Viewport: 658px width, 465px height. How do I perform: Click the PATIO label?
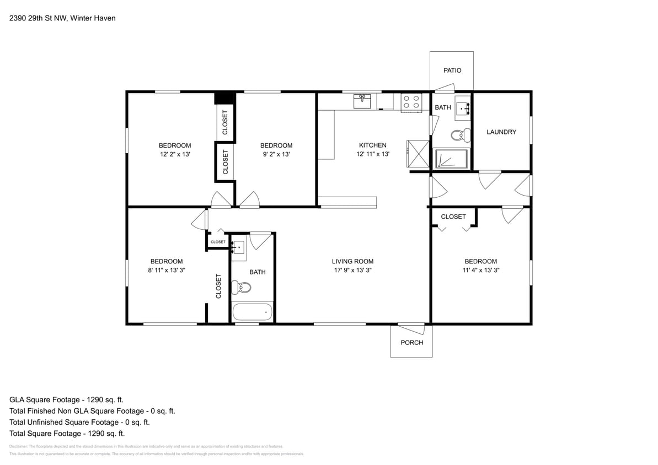452,71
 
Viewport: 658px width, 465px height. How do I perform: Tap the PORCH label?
412,343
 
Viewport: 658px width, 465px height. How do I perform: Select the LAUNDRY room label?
501,132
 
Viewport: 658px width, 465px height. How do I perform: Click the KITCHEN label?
373,145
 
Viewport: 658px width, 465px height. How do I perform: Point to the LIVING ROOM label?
352,262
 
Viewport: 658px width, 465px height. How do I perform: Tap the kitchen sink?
362,100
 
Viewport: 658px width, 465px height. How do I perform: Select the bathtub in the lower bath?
253,311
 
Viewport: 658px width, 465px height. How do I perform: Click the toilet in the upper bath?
460,134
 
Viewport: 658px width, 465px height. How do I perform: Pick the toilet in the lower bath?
242,287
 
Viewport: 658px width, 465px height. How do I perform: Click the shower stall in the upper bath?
452,159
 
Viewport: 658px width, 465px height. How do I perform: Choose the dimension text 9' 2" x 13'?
276,155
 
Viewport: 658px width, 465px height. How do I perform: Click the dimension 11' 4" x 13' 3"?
480,271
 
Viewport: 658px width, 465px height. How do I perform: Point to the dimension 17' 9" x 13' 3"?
352,271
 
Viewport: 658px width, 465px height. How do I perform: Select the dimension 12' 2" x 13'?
175,155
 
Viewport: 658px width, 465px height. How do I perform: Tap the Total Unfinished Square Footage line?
79,423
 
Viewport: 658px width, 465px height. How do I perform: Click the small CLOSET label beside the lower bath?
218,242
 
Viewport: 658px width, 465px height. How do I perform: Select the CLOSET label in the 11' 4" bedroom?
453,217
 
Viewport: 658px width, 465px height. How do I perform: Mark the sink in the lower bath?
238,247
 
